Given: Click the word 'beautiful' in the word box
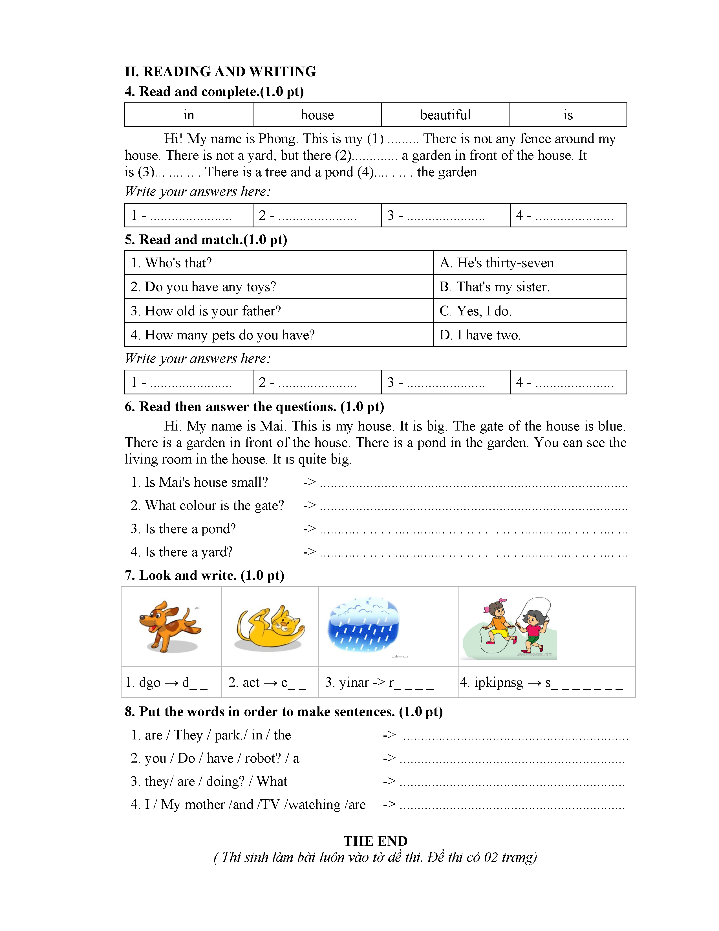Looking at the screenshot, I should coord(445,115).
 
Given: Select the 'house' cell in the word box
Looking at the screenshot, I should coord(317,115).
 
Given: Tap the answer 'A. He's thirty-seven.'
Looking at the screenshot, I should coord(498,263).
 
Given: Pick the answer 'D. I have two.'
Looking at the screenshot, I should coord(480,335).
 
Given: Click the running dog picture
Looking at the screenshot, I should coord(170,626).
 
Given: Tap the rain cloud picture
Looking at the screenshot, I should coord(363,625).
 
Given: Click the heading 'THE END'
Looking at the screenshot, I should coord(375,841).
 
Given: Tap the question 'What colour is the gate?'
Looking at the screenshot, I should coord(214,506).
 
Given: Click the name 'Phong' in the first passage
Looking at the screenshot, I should coord(278,139).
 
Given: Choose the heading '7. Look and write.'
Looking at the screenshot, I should coord(204,576).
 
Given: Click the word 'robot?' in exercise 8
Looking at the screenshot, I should coord(263,758).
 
